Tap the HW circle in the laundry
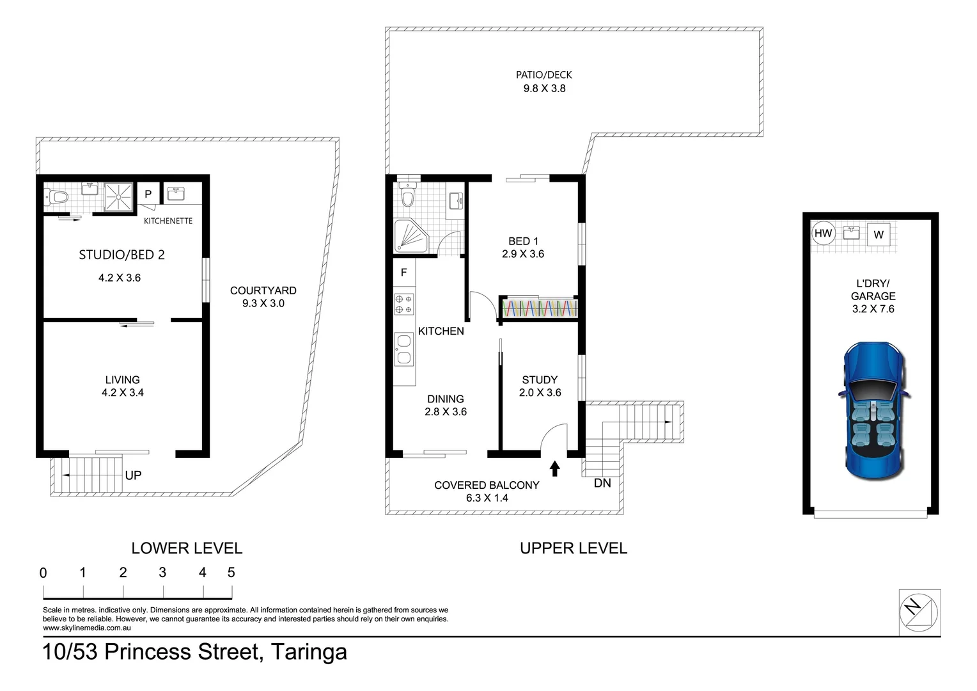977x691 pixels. click(x=823, y=234)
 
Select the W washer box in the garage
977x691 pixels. click(x=879, y=235)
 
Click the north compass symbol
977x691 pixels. click(x=919, y=612)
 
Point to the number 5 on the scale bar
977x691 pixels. click(x=231, y=572)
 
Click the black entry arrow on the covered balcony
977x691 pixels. click(x=555, y=468)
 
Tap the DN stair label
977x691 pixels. click(x=602, y=483)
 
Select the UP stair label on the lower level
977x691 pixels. click(x=133, y=475)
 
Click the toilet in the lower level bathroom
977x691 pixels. click(x=56, y=198)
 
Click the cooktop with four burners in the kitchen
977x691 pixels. click(x=403, y=304)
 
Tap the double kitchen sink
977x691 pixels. click(x=403, y=349)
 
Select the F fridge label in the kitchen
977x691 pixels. click(x=403, y=273)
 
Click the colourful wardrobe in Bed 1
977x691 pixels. click(x=539, y=308)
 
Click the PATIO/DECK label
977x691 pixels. click(x=544, y=75)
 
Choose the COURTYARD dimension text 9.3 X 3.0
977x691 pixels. click(x=263, y=303)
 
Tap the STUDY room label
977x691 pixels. click(x=540, y=379)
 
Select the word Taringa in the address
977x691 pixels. click(x=309, y=652)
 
